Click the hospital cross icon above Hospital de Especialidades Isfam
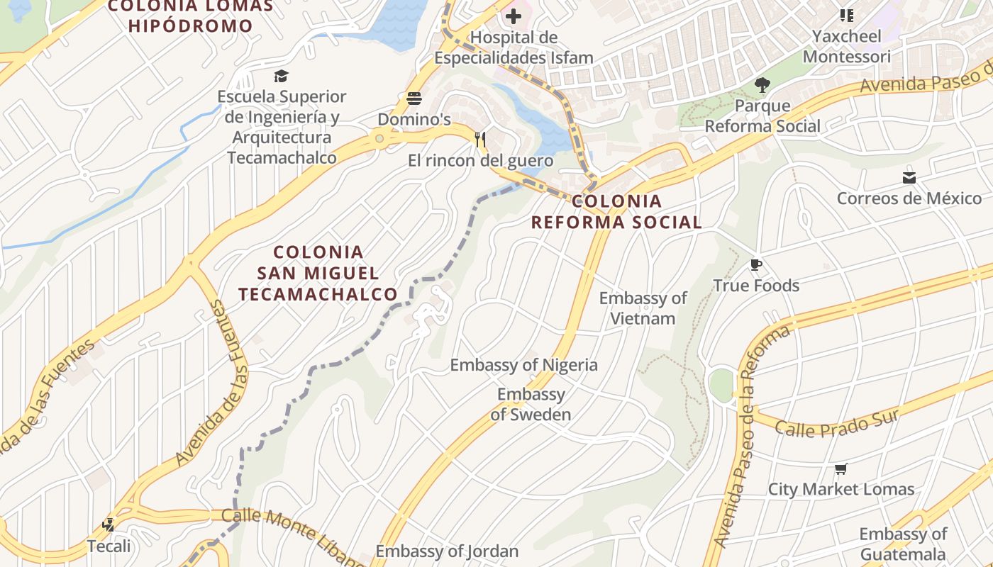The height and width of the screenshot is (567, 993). coord(513,16)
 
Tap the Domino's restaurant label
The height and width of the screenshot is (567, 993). coord(414,119)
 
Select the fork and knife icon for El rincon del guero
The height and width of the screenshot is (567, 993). coord(480,139)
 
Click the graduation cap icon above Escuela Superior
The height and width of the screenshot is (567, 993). coord(282,76)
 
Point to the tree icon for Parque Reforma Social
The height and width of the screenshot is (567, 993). coord(762,86)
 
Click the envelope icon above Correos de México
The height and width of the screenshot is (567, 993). coord(909,177)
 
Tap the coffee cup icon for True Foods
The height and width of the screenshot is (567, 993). coord(756,265)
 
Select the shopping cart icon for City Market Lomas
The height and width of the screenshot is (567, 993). coord(841,468)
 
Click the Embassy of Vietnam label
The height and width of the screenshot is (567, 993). coord(643,308)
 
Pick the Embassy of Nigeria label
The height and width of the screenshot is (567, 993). coord(523,365)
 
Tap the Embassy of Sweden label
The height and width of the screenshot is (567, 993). coord(531,404)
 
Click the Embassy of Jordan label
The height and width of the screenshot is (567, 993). coord(447,551)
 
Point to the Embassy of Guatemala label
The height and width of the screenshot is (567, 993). coord(903,544)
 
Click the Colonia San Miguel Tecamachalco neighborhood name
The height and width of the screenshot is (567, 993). coord(318,273)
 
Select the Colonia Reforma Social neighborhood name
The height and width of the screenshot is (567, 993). coord(616,211)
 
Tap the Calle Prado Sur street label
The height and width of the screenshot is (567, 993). coord(837,423)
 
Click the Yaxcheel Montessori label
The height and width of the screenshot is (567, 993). coord(846,46)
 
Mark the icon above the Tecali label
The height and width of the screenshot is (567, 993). coord(109,525)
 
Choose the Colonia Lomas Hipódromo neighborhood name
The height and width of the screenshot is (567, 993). coord(191,16)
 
